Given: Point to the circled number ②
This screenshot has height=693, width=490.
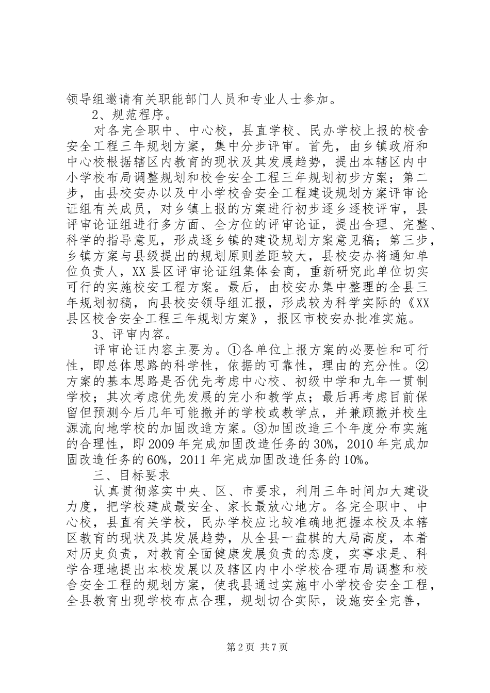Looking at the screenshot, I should pyautogui.click(x=421, y=367).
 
